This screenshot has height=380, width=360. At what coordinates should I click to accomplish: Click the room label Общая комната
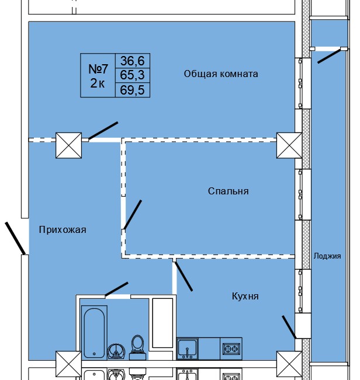click(x=221, y=74)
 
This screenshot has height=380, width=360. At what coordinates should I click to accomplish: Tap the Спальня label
click(x=228, y=191)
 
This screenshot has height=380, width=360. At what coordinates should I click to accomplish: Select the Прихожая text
click(x=63, y=230)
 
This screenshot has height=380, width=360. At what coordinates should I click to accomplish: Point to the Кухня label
click(x=245, y=297)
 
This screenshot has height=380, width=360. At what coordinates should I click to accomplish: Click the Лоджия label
click(x=327, y=256)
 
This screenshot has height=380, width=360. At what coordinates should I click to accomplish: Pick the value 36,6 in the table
click(x=135, y=60)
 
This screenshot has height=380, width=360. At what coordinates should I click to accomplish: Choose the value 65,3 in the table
click(x=135, y=75)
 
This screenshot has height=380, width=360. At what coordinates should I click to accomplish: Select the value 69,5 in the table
click(x=135, y=89)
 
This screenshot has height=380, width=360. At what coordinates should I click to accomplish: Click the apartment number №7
click(x=98, y=68)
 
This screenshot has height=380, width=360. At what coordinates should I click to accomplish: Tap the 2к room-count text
click(x=98, y=83)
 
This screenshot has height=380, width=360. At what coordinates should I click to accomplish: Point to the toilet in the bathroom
click(x=139, y=344)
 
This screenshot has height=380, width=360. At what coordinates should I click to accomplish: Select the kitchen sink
click(x=188, y=348)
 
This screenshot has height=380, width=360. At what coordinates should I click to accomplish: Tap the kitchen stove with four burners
click(x=231, y=348)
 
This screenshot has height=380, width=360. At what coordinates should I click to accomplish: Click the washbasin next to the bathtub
click(x=116, y=350)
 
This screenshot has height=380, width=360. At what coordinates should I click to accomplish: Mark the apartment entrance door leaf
click(x=15, y=238)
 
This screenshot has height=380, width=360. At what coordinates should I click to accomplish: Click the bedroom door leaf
click(x=133, y=215)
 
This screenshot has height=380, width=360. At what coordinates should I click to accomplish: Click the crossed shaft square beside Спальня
click(x=289, y=144)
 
